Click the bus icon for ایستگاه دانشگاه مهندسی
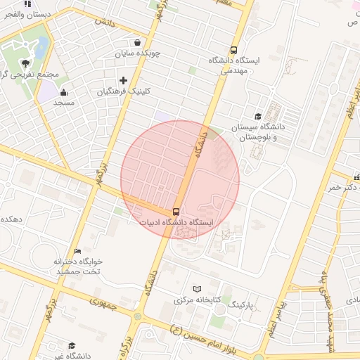coord(233,50)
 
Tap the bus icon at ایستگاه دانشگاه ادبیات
coord(176,212)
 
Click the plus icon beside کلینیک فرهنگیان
coord(123,81)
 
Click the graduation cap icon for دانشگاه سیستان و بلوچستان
coord(258,117)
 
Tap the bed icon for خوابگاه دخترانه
coord(78,251)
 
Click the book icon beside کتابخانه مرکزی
coord(197,289)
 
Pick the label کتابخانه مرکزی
coord(196,300)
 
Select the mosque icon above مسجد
coord(64,92)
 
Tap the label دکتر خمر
coord(343,188)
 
